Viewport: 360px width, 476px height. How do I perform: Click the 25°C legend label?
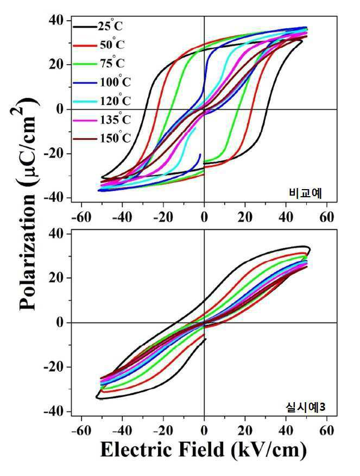pyautogui.click(x=110, y=26)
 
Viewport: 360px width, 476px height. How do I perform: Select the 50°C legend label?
pyautogui.click(x=112, y=44)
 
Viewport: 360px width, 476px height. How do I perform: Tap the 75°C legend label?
pyautogui.click(x=112, y=62)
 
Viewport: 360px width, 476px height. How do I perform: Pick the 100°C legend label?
pyautogui.click(x=115, y=82)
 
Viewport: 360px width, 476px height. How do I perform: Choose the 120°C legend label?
pyautogui.click(x=115, y=100)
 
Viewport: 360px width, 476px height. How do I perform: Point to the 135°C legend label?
pyautogui.click(x=115, y=120)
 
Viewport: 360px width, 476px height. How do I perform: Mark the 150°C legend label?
pyautogui.click(x=115, y=138)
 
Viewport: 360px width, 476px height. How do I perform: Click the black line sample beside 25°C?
pyautogui.click(x=85, y=27)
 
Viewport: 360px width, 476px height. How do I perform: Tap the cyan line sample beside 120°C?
pyautogui.click(x=85, y=102)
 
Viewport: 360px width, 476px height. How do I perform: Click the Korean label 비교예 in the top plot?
pyautogui.click(x=305, y=193)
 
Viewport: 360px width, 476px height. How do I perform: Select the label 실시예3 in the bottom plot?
pyautogui.click(x=305, y=407)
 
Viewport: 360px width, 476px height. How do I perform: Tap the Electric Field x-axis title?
pyautogui.click(x=203, y=449)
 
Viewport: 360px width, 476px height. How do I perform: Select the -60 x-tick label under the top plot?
pyautogui.click(x=81, y=217)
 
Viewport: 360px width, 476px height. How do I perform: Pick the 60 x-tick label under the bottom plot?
pyautogui.click(x=327, y=431)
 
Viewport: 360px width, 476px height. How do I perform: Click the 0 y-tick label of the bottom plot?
pyautogui.click(x=60, y=322)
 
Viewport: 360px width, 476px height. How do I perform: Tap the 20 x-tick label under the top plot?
pyautogui.click(x=245, y=217)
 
